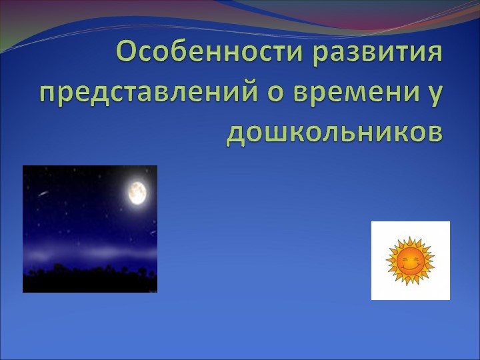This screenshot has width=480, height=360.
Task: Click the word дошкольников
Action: click(x=334, y=131)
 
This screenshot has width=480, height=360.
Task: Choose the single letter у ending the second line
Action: click(x=434, y=95)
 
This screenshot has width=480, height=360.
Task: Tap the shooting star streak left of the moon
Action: click(x=43, y=194)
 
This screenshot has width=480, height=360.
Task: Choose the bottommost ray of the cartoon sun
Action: click(x=411, y=283)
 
